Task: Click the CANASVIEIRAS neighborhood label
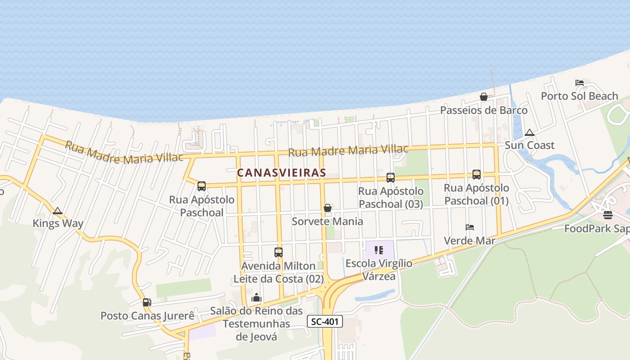click(281, 172)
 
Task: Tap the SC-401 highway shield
click(325, 321)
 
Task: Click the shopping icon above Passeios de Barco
click(484, 97)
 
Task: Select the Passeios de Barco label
click(484, 110)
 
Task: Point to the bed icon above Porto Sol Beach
click(580, 83)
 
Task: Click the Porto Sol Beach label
click(580, 96)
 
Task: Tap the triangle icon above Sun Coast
click(530, 133)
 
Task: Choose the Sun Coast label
click(530, 145)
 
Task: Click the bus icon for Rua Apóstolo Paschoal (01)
click(477, 175)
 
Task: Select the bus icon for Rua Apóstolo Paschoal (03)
click(391, 178)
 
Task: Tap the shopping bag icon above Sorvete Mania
click(328, 208)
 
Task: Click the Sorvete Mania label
click(328, 221)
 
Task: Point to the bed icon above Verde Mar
click(470, 227)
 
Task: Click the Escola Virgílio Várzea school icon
click(378, 250)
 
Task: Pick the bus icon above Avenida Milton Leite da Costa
click(279, 252)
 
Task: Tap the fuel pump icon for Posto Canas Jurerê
click(147, 302)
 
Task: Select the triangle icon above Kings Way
click(58, 211)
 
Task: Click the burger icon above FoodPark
click(608, 215)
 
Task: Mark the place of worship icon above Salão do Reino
click(256, 297)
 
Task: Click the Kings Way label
click(58, 224)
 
